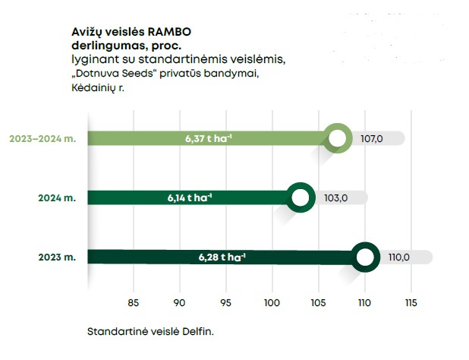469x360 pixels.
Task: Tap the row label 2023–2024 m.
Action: point(43,139)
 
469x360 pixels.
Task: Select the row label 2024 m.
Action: point(58,198)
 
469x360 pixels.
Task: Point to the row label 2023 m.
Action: point(58,257)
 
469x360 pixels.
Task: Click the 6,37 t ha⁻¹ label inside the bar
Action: point(207,139)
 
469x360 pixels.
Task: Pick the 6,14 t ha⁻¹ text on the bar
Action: point(190,198)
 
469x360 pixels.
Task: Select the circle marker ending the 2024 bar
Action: point(301,198)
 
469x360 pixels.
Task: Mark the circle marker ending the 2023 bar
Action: point(366,257)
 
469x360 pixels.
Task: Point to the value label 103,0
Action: point(335,198)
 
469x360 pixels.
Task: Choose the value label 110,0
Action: point(399,257)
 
